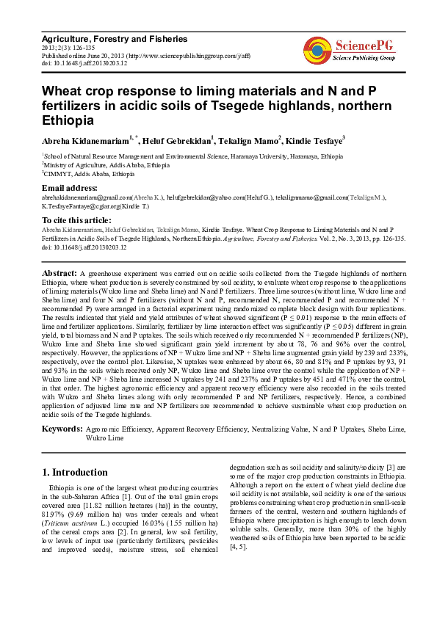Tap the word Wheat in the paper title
click(x=63, y=92)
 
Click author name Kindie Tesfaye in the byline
click(x=314, y=139)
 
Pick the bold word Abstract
click(x=60, y=272)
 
